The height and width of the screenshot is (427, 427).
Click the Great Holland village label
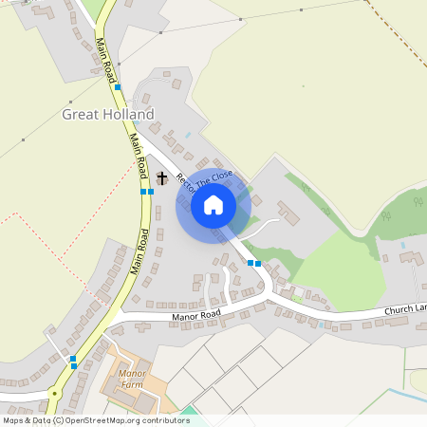click(107, 114)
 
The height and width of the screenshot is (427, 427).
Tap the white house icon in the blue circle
click(213, 205)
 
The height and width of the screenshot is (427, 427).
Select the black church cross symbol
click(161, 177)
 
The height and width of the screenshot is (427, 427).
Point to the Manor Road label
click(196, 314)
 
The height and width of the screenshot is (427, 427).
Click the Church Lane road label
click(405, 308)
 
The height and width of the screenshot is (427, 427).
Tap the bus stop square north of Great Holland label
click(119, 87)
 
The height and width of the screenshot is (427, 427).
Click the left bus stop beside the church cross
click(143, 192)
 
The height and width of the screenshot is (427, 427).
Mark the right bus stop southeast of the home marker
click(257, 263)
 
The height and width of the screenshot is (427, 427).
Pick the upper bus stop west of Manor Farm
click(73, 358)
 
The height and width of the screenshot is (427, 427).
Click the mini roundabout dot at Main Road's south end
click(55, 392)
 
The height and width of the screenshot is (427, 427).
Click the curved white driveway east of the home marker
click(266, 223)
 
